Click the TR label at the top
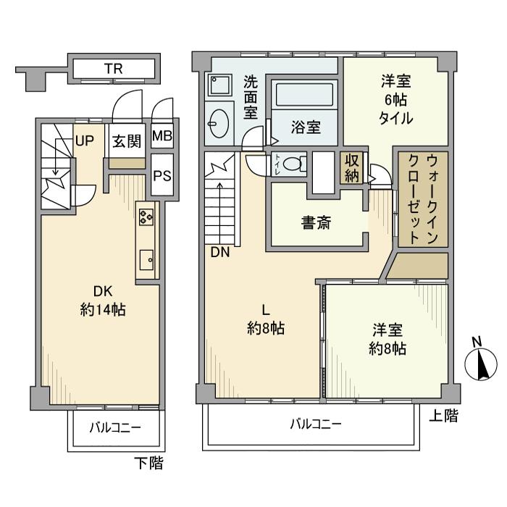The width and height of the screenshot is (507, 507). coord(112,70)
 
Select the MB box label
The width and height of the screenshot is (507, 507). coord(162,136)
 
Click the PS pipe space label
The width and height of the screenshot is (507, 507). coord(162,177)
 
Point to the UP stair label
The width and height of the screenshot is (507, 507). coord(84,141)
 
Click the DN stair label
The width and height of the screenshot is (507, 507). coord(220,253)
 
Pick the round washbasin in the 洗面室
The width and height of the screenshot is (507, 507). coord(218,120)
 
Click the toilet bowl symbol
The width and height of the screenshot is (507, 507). coord(292,164)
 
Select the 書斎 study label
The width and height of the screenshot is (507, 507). coord(316,224)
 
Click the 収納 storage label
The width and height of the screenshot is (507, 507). coord(353,168)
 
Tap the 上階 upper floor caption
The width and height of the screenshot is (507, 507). coord(443,416)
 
